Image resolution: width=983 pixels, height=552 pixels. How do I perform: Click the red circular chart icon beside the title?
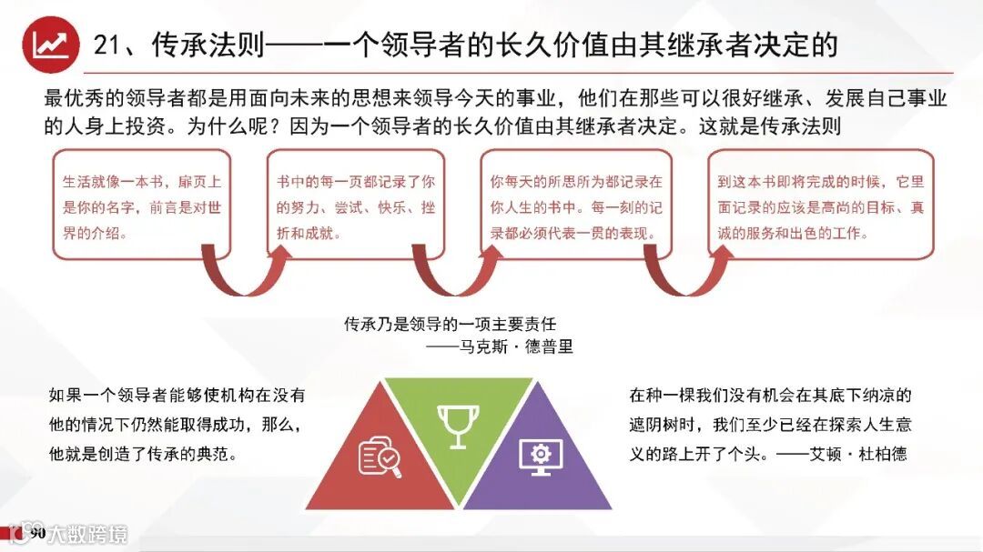point(50,45)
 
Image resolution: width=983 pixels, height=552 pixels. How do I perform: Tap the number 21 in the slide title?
point(110,45)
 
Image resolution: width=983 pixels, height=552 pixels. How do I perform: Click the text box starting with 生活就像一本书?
point(140,206)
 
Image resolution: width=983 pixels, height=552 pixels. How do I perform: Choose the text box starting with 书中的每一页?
point(355,206)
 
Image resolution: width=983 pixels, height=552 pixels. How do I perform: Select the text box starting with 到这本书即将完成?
point(820,206)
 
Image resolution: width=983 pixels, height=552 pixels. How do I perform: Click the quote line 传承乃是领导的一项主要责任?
point(450,324)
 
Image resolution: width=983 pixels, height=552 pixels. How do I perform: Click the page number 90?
point(37,533)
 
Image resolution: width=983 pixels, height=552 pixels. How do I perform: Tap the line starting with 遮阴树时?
point(770,424)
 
